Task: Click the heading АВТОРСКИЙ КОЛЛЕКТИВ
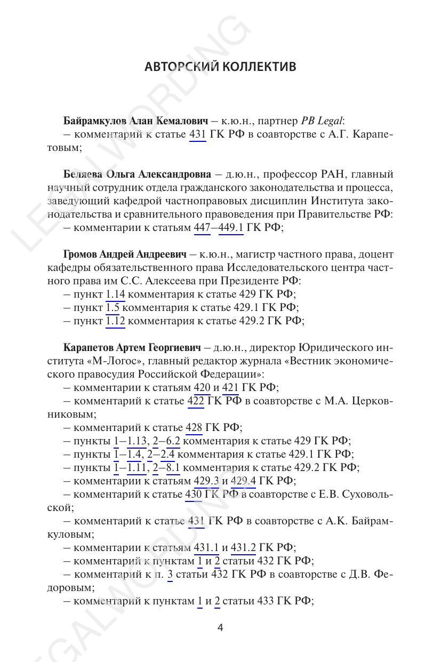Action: point(220,67)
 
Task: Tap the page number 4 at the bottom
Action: point(220,628)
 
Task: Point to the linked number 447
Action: point(202,228)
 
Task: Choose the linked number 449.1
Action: point(231,228)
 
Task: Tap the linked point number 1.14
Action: point(115,294)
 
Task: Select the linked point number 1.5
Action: point(113,308)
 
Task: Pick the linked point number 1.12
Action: point(115,321)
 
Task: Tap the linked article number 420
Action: point(202,388)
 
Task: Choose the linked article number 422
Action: point(196,401)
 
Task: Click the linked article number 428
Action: point(193,428)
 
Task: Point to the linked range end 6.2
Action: point(173,441)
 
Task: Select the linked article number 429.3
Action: point(206,481)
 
